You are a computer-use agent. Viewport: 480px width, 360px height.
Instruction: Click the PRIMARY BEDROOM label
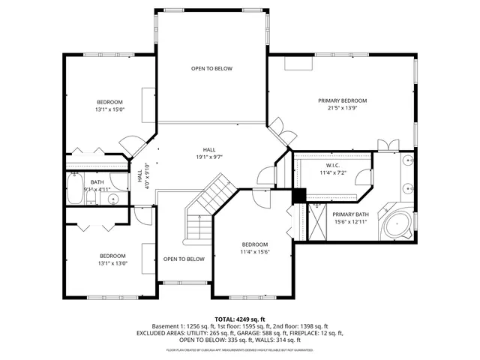342,100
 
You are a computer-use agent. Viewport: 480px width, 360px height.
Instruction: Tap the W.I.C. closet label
333,165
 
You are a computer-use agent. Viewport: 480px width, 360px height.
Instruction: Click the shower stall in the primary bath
319,221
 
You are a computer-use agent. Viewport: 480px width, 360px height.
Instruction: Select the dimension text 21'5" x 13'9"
342,108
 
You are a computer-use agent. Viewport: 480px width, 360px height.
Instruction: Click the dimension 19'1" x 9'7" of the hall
209,157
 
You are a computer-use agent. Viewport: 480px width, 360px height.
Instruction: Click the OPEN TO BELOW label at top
211,69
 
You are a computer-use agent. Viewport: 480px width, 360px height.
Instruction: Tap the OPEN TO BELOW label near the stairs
184,259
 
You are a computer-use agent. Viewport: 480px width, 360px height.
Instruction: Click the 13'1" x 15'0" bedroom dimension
109,109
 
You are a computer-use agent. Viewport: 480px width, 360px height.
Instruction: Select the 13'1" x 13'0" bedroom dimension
112,262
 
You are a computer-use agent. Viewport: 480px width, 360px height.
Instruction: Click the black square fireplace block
298,195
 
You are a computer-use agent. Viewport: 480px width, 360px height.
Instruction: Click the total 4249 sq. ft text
240,319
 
